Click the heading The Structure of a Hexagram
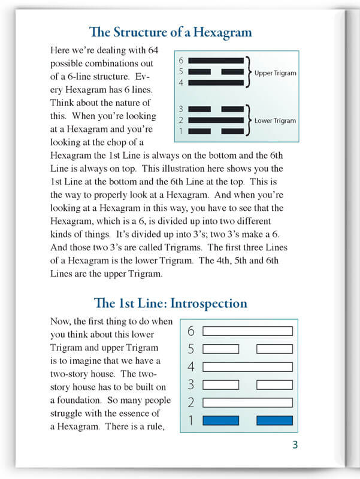pos(170,32)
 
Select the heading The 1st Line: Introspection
pos(171,303)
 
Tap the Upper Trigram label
pos(275,73)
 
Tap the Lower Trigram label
pos(275,120)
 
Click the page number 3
pos(295,444)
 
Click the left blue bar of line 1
pos(221,420)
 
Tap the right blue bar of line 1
pos(274,420)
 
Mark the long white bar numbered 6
pos(247,331)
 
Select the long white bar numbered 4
pos(247,366)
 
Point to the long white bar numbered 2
pos(247,402)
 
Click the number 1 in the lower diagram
pos(191,420)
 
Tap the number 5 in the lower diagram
pos(191,349)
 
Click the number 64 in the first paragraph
pos(151,51)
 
